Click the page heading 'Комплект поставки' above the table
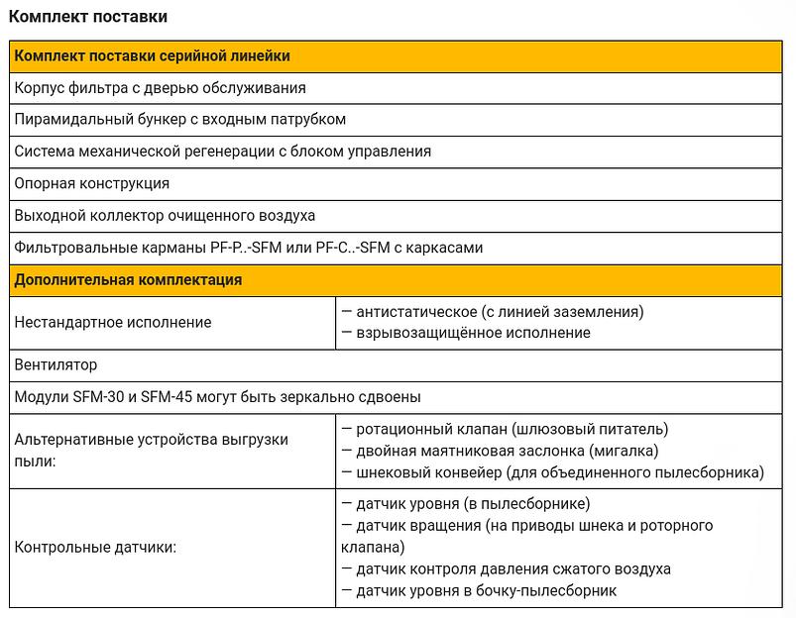point(88,17)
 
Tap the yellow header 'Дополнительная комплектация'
point(128,280)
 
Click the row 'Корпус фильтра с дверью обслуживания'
point(160,88)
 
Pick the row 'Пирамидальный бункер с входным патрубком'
point(179,120)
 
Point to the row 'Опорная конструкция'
point(92,184)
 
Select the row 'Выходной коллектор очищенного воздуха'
point(165,216)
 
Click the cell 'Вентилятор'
point(56,364)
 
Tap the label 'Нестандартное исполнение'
point(113,323)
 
